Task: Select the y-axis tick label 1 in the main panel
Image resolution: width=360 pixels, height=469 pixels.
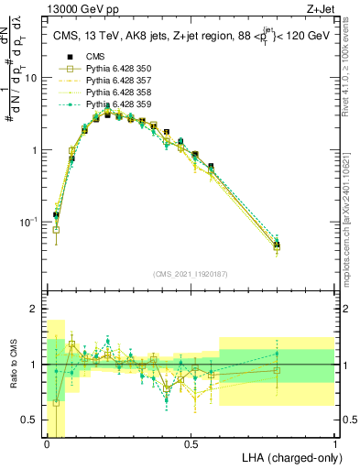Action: click(x=35, y=150)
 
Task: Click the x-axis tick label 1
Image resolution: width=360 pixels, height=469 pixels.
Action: click(x=335, y=443)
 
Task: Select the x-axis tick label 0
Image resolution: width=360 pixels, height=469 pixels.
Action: click(x=48, y=443)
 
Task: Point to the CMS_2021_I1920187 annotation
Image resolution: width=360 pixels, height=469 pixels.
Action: click(x=190, y=274)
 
